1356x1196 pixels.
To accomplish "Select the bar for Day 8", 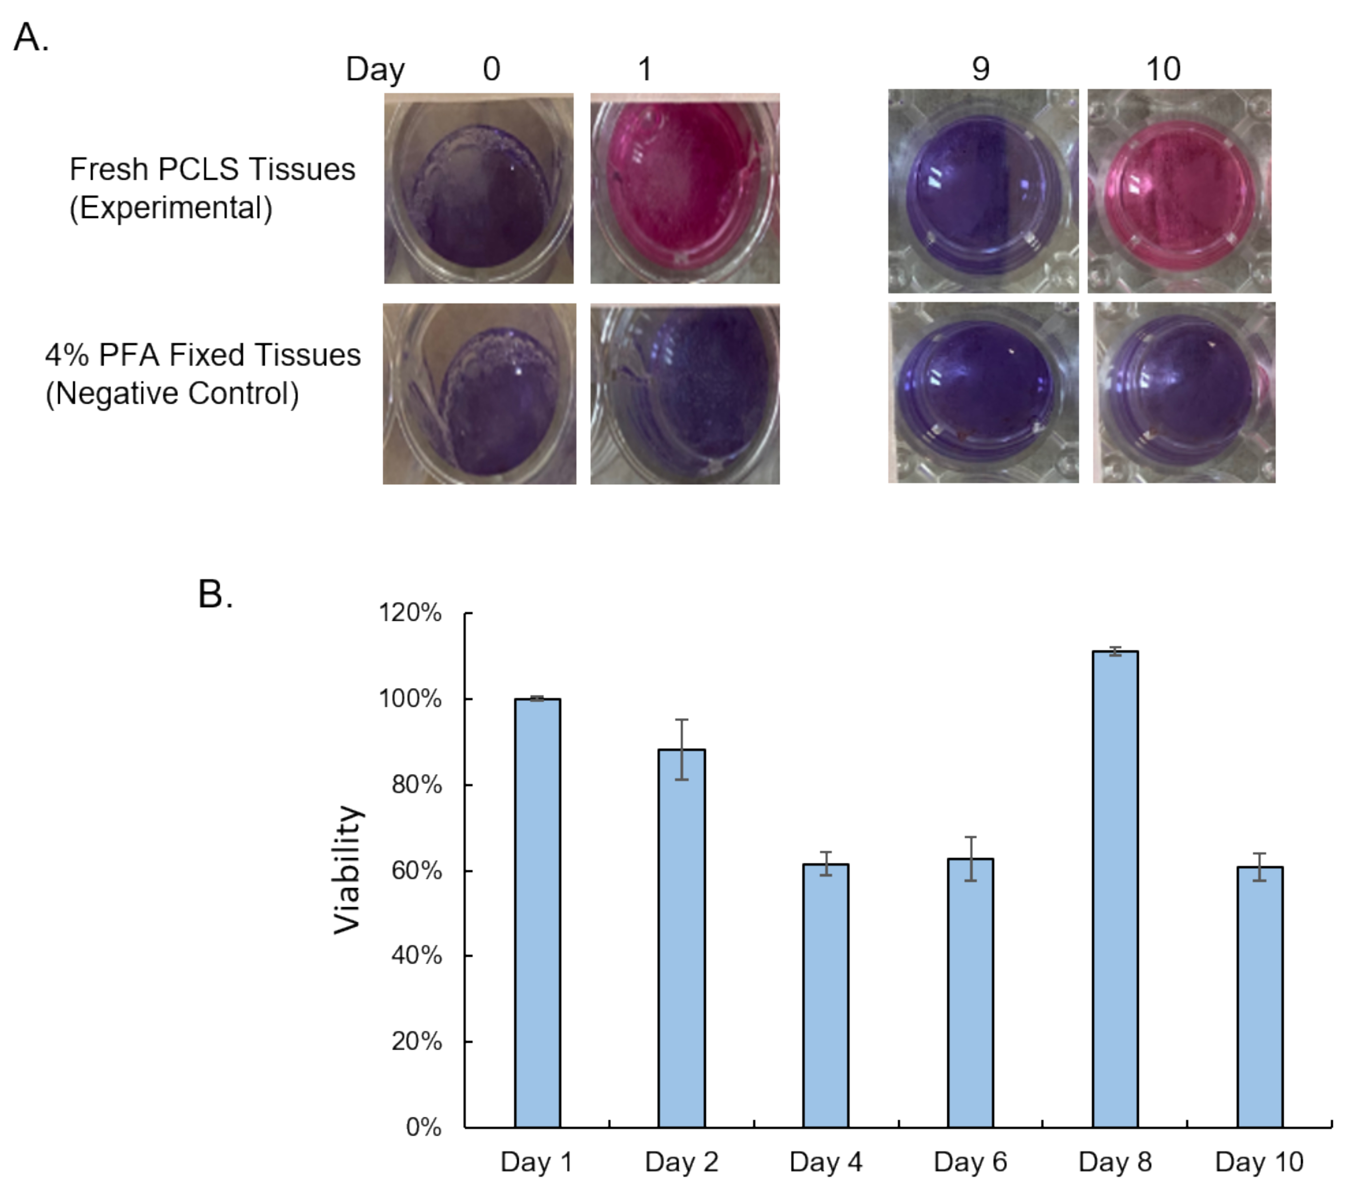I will pos(1115,889).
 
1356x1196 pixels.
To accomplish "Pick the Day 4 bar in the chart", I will pos(825,995).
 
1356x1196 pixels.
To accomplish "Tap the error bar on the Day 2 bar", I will pos(681,749).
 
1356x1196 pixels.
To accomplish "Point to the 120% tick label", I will pos(409,612).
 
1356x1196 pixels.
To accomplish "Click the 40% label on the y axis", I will pos(416,955).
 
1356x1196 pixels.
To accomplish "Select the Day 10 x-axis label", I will pos(1259,1162).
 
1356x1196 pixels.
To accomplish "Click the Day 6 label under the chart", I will pos(970,1162).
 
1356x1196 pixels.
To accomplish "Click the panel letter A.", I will pos(30,37).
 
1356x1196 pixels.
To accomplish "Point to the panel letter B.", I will pos(215,594).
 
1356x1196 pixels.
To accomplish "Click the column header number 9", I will pos(980,69).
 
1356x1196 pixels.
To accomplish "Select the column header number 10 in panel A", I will pos(1163,69).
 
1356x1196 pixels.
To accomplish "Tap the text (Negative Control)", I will pos(172,393).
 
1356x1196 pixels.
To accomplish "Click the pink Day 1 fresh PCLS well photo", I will pos(685,189).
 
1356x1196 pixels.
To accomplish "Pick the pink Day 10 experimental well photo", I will pos(1179,191).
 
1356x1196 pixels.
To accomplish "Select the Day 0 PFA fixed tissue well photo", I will pos(479,394).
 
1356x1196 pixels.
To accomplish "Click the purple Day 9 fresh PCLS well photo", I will pos(983,191).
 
